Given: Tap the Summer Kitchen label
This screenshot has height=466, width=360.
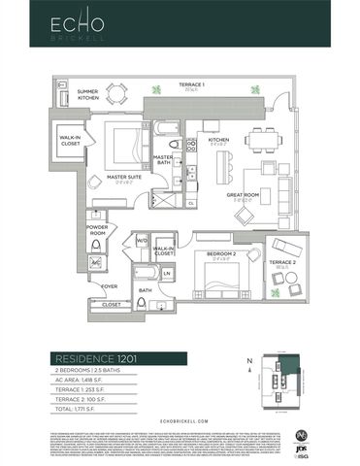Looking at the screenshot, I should [x=88, y=96].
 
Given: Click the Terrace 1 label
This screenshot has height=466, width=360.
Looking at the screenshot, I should [x=191, y=87].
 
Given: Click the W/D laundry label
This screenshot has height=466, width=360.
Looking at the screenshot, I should [x=143, y=241].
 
